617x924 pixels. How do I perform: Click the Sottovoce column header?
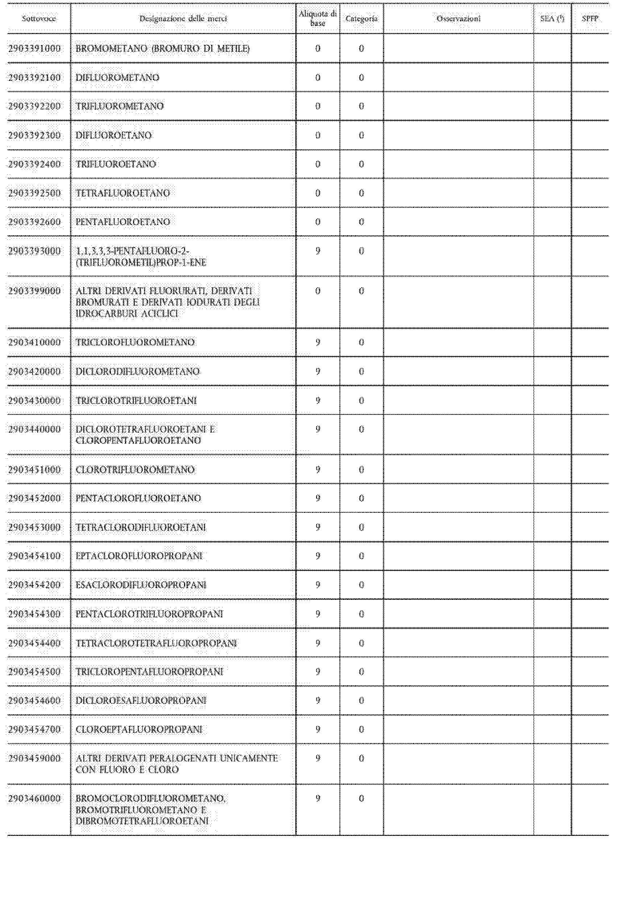click(38, 18)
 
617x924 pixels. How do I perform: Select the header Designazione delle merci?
click(183, 18)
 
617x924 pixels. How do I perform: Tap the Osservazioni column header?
click(459, 18)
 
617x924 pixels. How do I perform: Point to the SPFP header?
click(590, 18)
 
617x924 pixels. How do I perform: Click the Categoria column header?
click(361, 18)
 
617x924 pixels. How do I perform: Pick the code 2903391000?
click(35, 48)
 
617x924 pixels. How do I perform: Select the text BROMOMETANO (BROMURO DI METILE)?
click(162, 48)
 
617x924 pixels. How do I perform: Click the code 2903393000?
click(35, 251)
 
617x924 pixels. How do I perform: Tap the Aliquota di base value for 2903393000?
click(318, 251)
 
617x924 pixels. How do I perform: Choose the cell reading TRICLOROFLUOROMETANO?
click(135, 342)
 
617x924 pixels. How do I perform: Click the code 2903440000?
click(35, 429)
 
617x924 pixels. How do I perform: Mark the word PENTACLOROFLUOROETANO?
click(138, 498)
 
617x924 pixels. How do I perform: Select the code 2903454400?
click(35, 643)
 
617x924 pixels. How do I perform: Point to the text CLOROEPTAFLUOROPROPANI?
click(139, 729)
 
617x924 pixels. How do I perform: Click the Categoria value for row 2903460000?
click(361, 798)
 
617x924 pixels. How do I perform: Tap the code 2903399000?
click(35, 291)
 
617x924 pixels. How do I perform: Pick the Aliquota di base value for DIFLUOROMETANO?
click(318, 78)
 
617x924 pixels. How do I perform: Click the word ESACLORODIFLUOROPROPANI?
click(141, 585)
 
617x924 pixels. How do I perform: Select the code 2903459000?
click(35, 758)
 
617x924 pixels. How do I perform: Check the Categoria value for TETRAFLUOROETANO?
click(361, 193)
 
